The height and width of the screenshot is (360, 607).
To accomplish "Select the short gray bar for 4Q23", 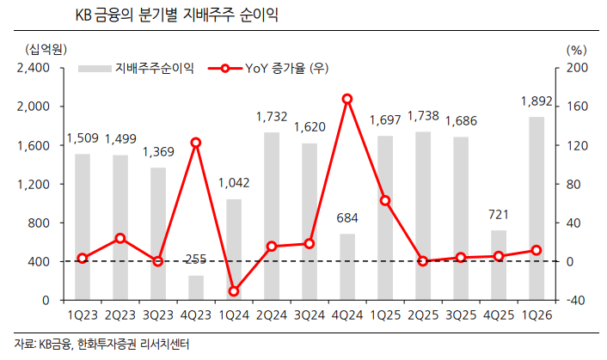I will (x=196, y=288).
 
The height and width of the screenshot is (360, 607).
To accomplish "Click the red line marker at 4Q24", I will (x=346, y=99).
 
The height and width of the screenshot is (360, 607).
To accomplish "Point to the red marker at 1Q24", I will (x=234, y=291).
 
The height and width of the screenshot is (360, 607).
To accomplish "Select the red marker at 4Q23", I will (x=196, y=142).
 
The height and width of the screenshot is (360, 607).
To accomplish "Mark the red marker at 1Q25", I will (x=384, y=200).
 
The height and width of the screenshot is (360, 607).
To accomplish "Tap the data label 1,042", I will (x=234, y=183).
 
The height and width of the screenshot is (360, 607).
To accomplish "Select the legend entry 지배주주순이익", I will (x=142, y=68).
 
